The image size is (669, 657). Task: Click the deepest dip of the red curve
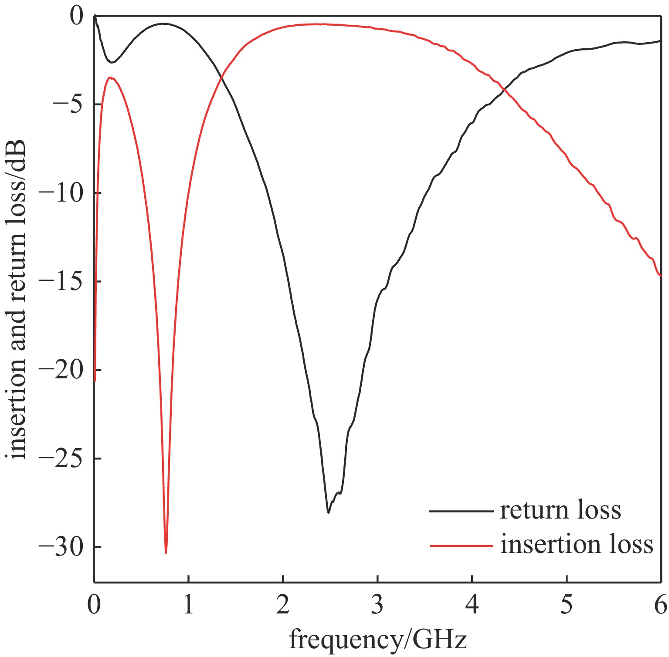(166, 553)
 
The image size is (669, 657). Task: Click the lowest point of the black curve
(328, 512)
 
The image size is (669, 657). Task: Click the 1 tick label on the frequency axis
(188, 605)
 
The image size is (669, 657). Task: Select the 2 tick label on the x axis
(283, 605)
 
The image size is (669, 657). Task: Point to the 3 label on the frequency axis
(377, 605)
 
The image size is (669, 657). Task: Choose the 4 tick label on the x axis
(472, 605)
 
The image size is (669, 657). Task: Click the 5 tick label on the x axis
(566, 605)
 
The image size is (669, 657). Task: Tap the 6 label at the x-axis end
(660, 605)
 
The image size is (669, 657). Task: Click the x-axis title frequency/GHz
(377, 639)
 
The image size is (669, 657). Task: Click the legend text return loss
(560, 510)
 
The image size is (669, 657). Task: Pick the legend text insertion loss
(576, 544)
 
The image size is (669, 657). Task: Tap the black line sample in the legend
(461, 511)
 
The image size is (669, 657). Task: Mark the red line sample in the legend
(461, 545)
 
